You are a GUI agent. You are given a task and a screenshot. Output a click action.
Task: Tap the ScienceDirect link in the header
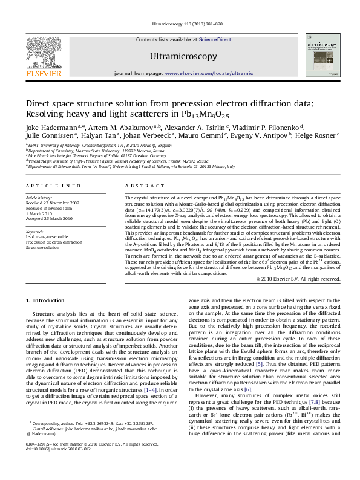[x=216, y=39]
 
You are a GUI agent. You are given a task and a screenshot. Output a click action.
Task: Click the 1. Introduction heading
[x=47, y=300]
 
